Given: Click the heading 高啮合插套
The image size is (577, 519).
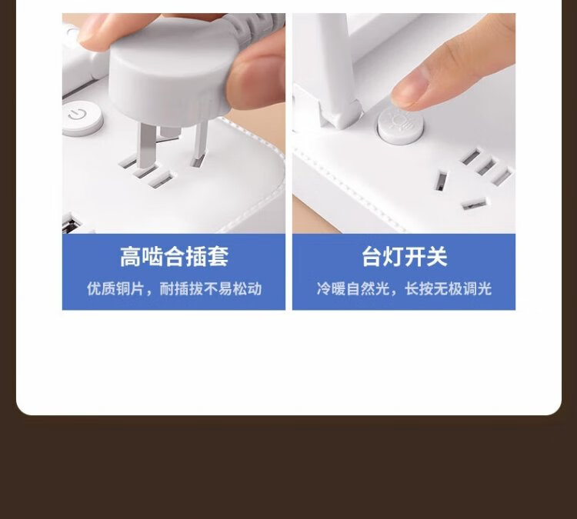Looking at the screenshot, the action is (174, 256).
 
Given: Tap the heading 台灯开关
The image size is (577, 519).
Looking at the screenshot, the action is (404, 256).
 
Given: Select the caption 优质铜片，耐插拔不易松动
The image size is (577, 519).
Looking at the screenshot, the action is (174, 289).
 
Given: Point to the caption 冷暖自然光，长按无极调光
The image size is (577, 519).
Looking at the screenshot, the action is (404, 289).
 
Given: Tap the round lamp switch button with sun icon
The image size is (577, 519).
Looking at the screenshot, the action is (400, 125).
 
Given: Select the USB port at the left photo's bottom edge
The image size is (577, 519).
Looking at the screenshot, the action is (71, 225).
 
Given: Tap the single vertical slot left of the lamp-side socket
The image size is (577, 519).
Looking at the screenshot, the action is (441, 181).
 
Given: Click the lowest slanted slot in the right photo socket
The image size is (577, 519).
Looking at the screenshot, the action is (474, 204).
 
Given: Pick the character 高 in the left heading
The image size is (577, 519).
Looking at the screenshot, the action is (130, 256).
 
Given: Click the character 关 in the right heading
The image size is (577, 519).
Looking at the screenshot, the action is (437, 256).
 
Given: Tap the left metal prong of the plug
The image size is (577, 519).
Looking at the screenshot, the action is (146, 146).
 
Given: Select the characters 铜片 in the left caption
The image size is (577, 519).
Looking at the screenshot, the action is (130, 289).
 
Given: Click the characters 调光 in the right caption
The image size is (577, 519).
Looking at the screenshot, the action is (477, 289).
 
